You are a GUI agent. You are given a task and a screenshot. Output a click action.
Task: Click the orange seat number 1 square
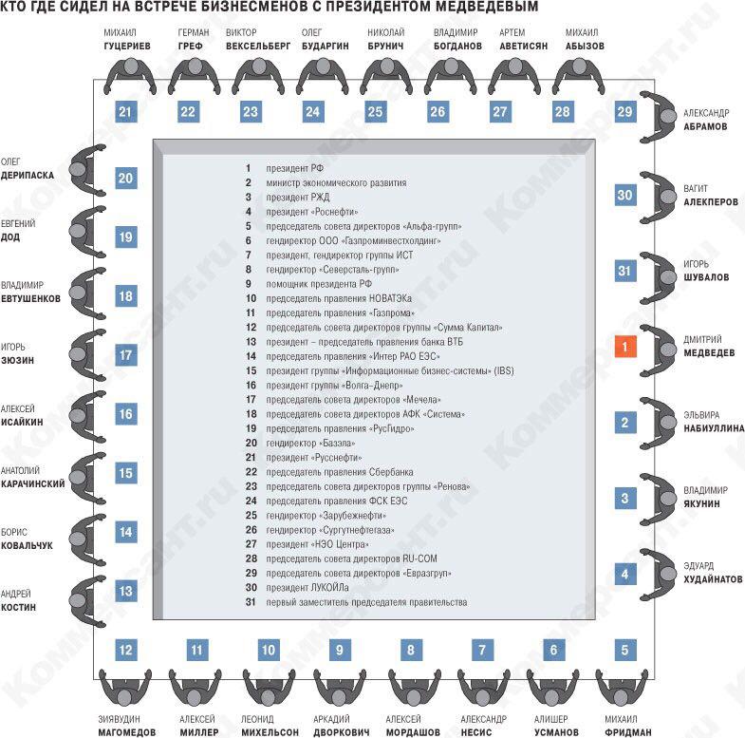pos(624,346)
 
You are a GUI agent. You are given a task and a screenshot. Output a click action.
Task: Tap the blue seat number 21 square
pos(126,112)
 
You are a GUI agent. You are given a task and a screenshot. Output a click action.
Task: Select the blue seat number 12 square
pos(126,650)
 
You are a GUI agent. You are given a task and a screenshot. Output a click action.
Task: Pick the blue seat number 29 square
pos(624,112)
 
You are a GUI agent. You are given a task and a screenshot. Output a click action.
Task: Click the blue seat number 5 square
pos(624,650)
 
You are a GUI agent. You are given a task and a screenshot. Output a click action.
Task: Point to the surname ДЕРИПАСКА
pos(28,176)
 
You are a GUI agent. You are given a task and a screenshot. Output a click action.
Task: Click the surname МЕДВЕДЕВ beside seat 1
pos(709,352)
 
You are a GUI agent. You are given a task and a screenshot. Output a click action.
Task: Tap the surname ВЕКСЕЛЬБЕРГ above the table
pos(257,47)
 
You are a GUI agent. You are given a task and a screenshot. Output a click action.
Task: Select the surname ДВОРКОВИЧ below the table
pos(341,732)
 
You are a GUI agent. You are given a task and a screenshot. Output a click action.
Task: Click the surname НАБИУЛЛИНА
pos(714,428)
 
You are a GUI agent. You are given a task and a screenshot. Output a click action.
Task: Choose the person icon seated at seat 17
pos(88,354)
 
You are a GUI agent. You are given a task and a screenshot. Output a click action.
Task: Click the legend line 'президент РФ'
pos(294,168)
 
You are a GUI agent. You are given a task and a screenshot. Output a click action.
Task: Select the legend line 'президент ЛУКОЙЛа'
pos(307,588)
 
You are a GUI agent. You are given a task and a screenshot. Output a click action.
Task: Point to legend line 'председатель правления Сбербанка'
pos(339,472)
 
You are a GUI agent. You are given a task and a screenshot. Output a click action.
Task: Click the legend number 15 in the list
pos(251,371)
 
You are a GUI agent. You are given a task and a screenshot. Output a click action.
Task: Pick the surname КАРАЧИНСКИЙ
pos(33,484)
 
